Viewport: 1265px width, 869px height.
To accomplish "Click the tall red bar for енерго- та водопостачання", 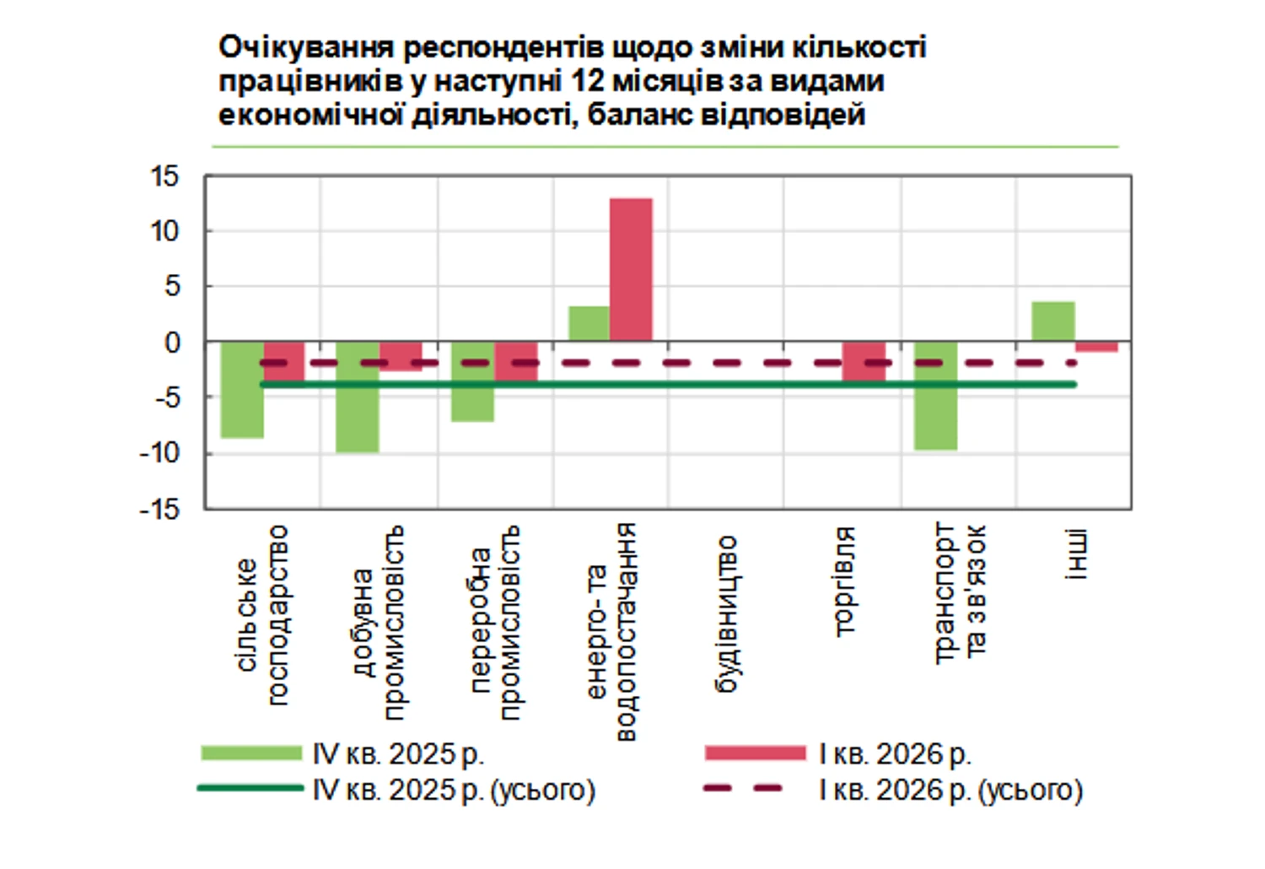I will (x=631, y=269).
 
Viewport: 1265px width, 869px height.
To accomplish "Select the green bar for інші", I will (x=1053, y=321).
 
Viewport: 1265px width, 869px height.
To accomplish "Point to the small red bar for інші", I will (x=1096, y=347).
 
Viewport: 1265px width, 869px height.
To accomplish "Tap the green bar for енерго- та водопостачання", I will (x=589, y=324).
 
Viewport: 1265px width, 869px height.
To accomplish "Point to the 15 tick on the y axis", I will (x=164, y=176).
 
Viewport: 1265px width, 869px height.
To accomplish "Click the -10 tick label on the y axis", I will (x=159, y=453).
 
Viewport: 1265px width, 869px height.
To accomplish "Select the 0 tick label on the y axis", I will (x=172, y=343).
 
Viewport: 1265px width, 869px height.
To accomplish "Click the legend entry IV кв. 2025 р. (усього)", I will (x=454, y=790).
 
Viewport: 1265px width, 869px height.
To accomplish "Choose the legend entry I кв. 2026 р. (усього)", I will (x=950, y=790).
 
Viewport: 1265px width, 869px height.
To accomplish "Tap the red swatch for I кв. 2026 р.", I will (x=755, y=753).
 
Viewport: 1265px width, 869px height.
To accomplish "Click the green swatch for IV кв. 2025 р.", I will (x=250, y=753).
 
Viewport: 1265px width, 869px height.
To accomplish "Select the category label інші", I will (x=1075, y=554).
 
